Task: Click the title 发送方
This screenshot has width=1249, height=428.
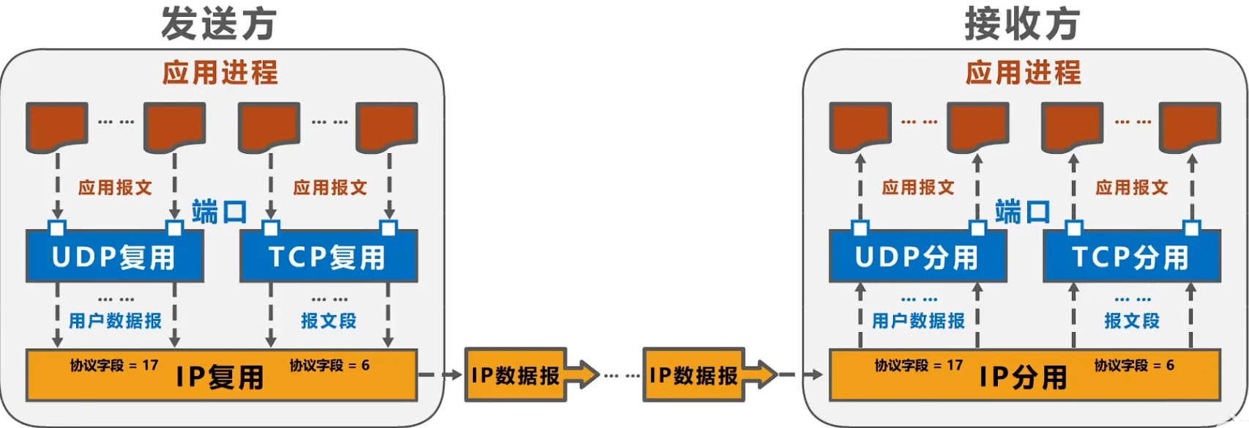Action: (219, 23)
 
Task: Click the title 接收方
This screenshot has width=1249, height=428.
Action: (1022, 23)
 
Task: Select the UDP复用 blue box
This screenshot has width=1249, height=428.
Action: (114, 257)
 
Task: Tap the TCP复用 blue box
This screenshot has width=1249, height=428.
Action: (328, 257)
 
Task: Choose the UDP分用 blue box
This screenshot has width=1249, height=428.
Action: (917, 257)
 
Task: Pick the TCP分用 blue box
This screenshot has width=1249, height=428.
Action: (1131, 257)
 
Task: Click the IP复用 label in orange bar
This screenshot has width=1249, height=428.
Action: (220, 377)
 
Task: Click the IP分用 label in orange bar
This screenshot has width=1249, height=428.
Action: (1023, 377)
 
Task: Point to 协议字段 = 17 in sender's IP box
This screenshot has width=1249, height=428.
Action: (114, 365)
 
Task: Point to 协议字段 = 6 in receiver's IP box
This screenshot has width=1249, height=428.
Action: (1133, 365)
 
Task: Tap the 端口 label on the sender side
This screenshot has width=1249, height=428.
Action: (219, 213)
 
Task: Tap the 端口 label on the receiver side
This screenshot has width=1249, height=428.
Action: (1022, 213)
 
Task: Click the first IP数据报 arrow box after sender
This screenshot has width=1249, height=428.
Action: (516, 375)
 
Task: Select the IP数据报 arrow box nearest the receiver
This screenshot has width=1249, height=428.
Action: (694, 375)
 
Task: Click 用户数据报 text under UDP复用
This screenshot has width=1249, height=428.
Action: (115, 321)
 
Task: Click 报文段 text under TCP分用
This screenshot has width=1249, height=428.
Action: (1132, 321)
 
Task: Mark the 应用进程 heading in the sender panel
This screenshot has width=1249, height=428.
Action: (220, 73)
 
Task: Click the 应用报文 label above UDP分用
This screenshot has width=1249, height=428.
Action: (918, 188)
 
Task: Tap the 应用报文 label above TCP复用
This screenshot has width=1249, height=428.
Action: (329, 188)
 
